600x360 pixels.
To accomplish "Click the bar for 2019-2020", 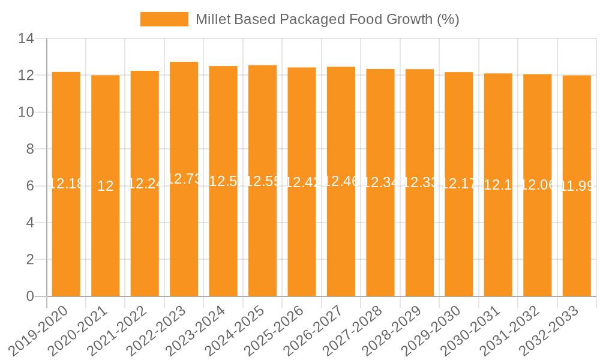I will (66, 240).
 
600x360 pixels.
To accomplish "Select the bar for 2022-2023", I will (184, 240).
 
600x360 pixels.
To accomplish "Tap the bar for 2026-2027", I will (341, 240).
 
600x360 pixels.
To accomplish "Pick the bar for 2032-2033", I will (577, 240).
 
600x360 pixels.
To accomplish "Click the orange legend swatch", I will (164, 19).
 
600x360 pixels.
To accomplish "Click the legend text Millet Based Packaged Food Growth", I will (327, 19).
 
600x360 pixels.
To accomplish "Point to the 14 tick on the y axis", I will (26, 39).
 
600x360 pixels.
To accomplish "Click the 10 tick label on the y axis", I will (26, 112).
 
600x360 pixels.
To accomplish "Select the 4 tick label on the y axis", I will (30, 223).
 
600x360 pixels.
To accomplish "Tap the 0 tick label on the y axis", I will (30, 296).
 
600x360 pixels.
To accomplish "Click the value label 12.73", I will (184, 179).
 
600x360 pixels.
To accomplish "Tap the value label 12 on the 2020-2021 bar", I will (106, 186).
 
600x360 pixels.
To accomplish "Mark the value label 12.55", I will (263, 181).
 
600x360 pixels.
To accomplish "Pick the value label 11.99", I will (577, 186).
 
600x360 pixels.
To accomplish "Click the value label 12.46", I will (341, 181).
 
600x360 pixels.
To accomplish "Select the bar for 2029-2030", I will (459, 240).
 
